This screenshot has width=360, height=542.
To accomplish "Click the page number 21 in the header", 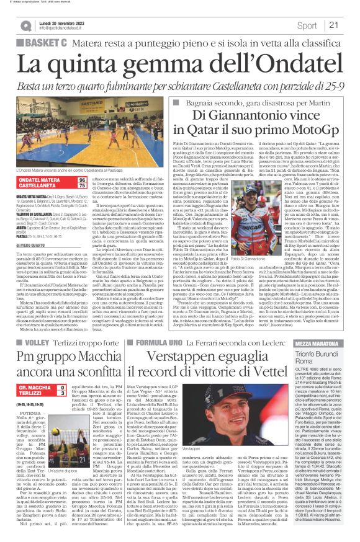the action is pos(333,25).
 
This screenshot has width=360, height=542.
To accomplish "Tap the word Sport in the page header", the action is pos(307,25).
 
